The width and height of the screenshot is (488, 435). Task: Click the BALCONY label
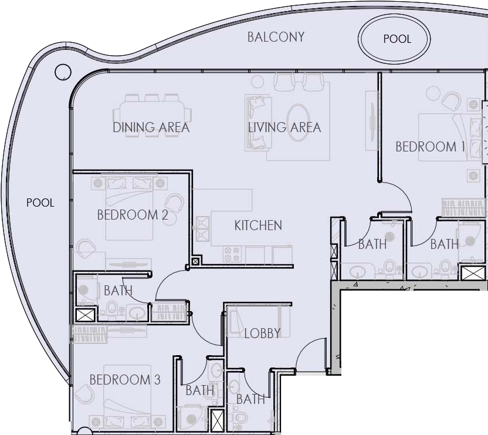pyautogui.click(x=276, y=37)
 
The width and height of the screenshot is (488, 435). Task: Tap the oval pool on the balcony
pyautogui.click(x=394, y=38)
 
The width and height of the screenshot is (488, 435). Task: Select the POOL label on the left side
pyautogui.click(x=40, y=203)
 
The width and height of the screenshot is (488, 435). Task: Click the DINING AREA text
pyautogui.click(x=151, y=127)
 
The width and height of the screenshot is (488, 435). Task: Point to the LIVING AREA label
pyautogui.click(x=284, y=127)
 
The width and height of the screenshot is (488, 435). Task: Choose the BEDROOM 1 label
pyautogui.click(x=430, y=147)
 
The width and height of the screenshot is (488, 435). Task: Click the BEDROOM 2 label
pyautogui.click(x=133, y=215)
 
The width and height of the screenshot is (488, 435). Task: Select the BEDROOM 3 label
pyautogui.click(x=125, y=380)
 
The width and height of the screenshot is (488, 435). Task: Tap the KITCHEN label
pyautogui.click(x=258, y=225)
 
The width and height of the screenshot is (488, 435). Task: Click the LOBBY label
pyautogui.click(x=262, y=333)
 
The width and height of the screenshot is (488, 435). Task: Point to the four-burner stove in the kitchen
pyautogui.click(x=232, y=254)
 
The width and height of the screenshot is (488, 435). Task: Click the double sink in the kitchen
pyautogui.click(x=202, y=229)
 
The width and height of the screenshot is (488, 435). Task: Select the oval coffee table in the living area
pyautogui.click(x=298, y=123)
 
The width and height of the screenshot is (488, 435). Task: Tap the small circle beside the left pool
pyautogui.click(x=63, y=72)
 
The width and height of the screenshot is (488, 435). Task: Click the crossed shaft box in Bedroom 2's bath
pyautogui.click(x=85, y=315)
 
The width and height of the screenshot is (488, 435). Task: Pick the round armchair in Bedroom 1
pyautogui.click(x=450, y=102)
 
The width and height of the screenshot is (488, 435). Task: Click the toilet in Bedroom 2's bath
pyautogui.click(x=111, y=308)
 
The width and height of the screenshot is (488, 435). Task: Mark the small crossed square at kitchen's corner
pyautogui.click(x=195, y=261)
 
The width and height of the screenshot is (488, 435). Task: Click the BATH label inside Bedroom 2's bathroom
pyautogui.click(x=118, y=291)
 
